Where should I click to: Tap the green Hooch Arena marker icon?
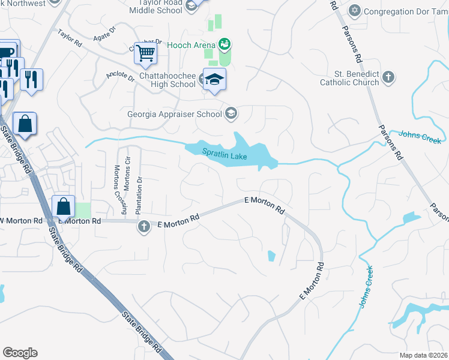[225, 44]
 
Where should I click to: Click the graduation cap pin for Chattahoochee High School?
[213, 80]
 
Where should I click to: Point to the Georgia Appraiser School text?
[174, 113]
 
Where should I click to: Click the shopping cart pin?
[145, 54]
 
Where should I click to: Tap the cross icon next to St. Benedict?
[388, 77]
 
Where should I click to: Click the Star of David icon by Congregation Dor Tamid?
[355, 10]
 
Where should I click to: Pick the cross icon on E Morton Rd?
[143, 227]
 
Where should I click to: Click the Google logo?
[20, 352]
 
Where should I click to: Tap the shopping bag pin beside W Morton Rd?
[64, 206]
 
